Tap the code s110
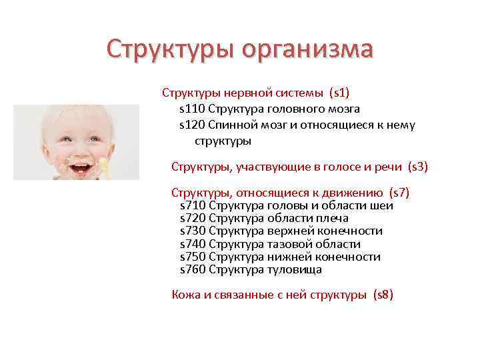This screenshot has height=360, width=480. [x=192, y=108]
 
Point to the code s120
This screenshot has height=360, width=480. [x=192, y=125]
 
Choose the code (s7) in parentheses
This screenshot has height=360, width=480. [x=399, y=193]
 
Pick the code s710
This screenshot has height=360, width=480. [x=193, y=205]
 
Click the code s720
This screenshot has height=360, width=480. [x=193, y=218]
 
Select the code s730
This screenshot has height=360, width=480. [x=193, y=231]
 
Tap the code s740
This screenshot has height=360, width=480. [x=193, y=244]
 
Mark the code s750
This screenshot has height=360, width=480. [x=193, y=257]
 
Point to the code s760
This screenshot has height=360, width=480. [x=193, y=270]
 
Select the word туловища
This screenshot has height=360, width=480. [x=295, y=270]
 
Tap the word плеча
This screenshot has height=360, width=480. [x=333, y=218]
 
